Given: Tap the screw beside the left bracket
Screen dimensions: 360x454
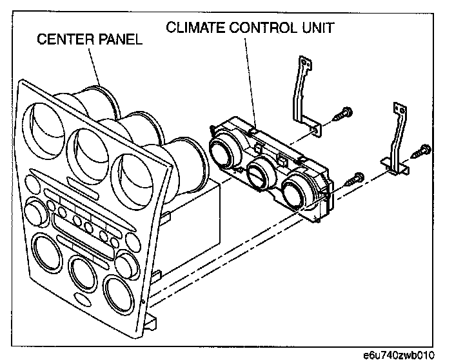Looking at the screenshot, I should [341, 116].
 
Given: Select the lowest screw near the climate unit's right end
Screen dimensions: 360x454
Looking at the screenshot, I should [353, 179].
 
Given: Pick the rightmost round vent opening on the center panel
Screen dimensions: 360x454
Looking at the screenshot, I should [132, 172].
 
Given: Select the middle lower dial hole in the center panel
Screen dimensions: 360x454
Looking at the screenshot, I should [82, 274].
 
